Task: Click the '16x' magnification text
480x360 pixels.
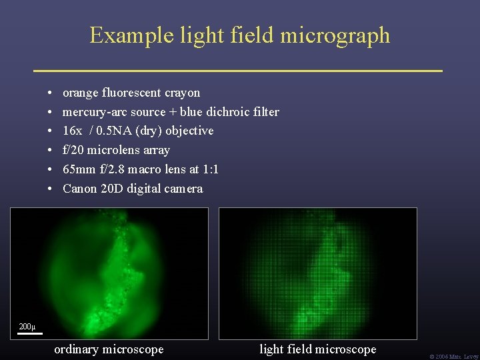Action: pyautogui.click(x=72, y=131)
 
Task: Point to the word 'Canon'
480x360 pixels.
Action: pyautogui.click(x=79, y=189)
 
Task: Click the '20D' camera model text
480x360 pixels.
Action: pyautogui.click(x=111, y=189)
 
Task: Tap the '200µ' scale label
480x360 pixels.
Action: pyautogui.click(x=27, y=327)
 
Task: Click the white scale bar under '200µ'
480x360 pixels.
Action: pyautogui.click(x=30, y=333)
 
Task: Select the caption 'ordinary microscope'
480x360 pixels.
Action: pyautogui.click(x=109, y=349)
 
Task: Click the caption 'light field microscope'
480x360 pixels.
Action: pyautogui.click(x=317, y=349)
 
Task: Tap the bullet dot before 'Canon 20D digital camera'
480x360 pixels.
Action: pyautogui.click(x=51, y=189)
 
